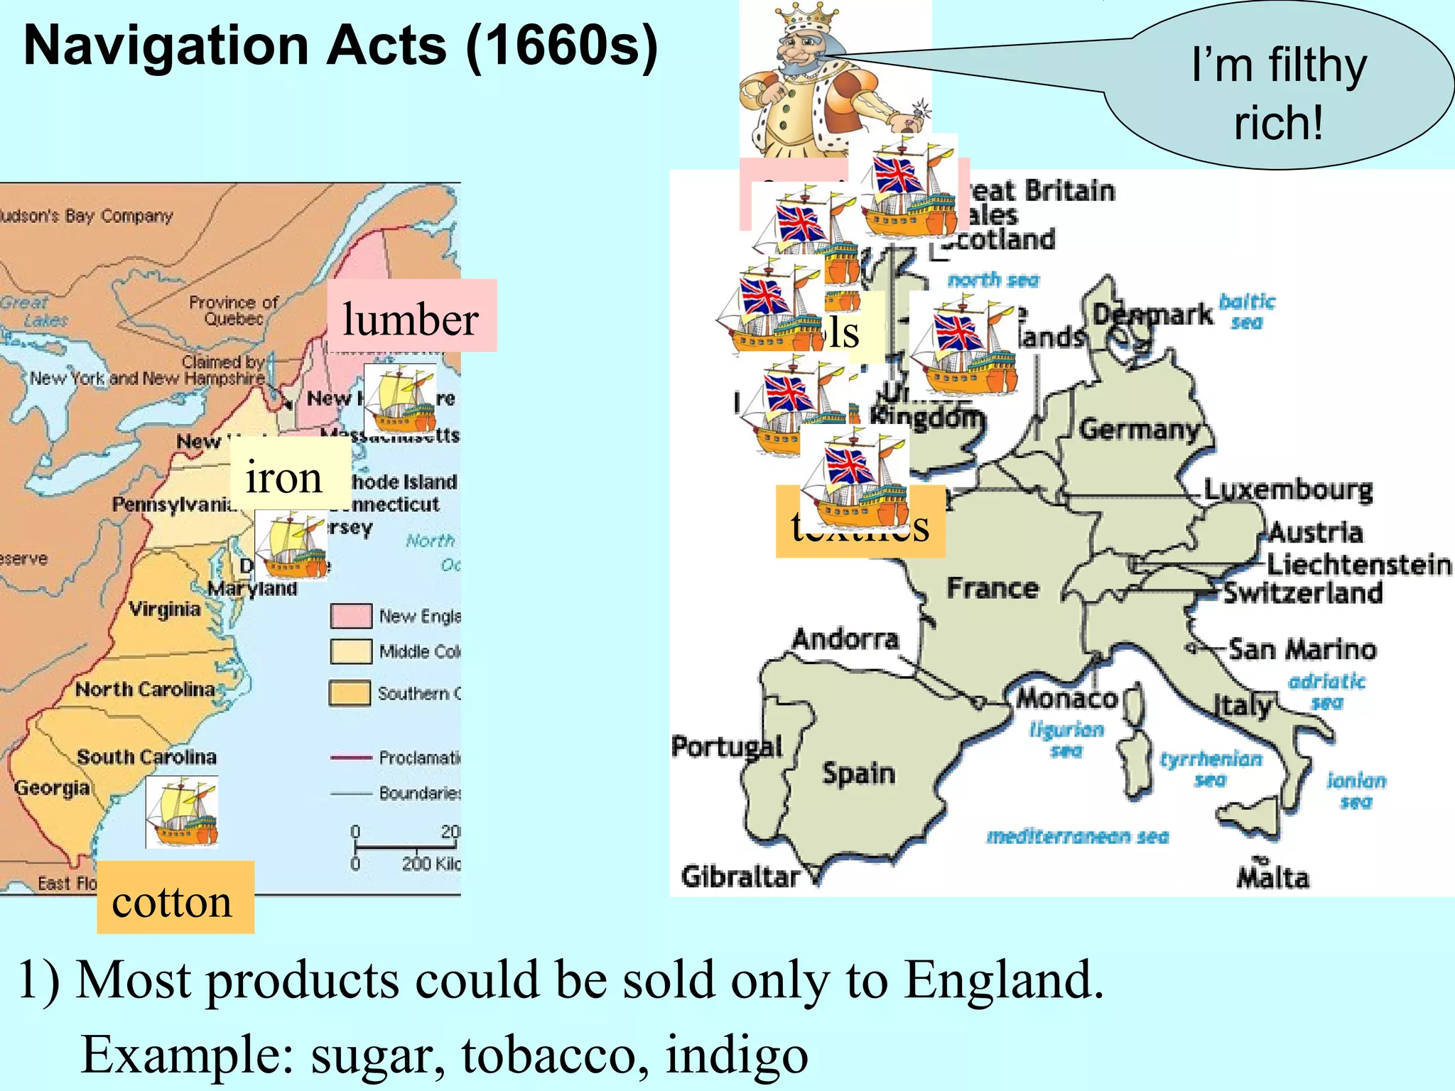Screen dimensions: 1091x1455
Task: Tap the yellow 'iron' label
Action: tap(285, 477)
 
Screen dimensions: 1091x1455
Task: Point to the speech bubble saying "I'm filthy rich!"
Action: tap(1279, 92)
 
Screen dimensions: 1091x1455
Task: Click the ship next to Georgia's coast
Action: tap(182, 812)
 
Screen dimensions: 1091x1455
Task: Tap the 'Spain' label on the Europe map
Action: tap(858, 773)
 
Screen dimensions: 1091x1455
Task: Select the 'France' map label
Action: tap(992, 588)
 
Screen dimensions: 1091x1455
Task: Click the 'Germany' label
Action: tap(1139, 429)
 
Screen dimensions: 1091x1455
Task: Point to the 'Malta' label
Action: tap(1272, 878)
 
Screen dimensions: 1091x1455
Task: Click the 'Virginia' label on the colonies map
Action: tap(165, 609)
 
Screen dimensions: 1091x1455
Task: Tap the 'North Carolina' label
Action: tap(145, 689)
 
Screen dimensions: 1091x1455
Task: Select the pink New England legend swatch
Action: tap(351, 616)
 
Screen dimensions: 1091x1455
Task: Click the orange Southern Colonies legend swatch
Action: tap(350, 693)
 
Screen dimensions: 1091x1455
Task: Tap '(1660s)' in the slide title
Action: tap(561, 46)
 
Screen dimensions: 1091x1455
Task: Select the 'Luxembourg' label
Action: tap(1287, 489)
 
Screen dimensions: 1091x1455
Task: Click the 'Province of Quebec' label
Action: tap(233, 310)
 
